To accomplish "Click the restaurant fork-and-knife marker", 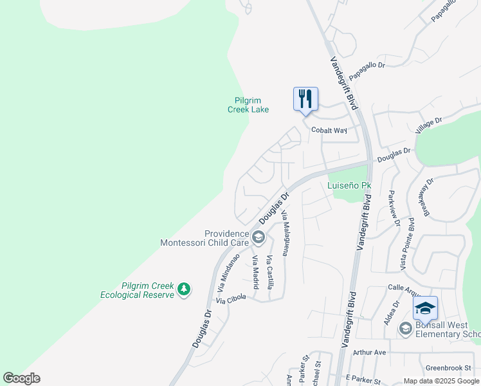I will (305, 99).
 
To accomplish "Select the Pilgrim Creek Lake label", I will (248, 105).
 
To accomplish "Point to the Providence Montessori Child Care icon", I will (258, 238).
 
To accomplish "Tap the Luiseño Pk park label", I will (350, 185).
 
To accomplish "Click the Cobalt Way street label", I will (329, 130).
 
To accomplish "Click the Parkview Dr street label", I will (394, 208).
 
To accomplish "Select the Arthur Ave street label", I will (369, 353).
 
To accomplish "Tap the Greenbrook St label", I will (444, 369).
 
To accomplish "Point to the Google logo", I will (21, 378).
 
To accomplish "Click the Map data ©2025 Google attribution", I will (441, 381).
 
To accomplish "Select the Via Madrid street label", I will (256, 271).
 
